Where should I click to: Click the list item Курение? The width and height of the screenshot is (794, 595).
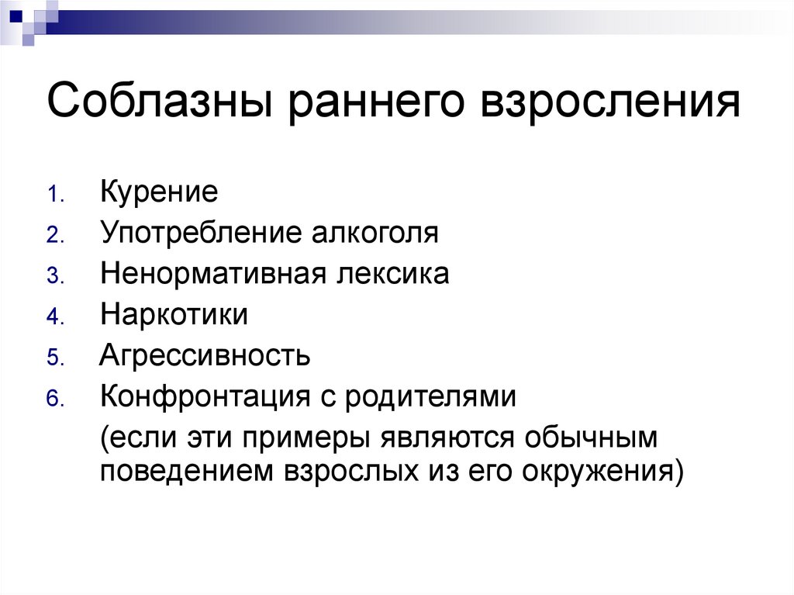(x=158, y=192)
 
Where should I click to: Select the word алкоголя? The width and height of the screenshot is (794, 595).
(x=375, y=233)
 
